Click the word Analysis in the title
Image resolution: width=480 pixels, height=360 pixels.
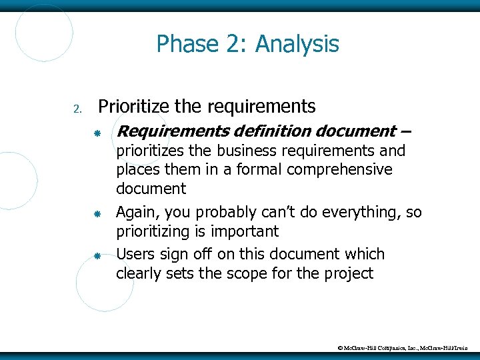pos(297,45)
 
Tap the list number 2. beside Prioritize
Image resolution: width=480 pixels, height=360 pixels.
pos(77,109)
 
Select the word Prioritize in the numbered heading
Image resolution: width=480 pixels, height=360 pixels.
pos(133,106)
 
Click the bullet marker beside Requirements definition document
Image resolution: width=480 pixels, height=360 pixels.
pos(97,133)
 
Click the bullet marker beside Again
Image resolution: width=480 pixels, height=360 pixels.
pos(97,215)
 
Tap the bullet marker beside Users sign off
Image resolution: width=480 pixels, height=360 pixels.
pos(97,256)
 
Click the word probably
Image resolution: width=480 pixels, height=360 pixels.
pos(223,213)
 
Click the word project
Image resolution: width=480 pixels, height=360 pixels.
pos(348,273)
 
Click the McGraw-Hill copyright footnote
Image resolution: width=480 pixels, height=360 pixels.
pos(407,348)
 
